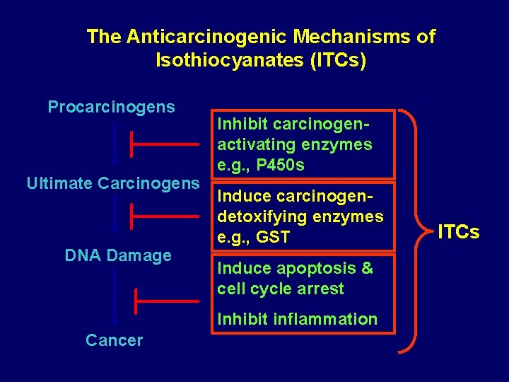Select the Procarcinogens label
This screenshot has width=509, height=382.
click(x=111, y=107)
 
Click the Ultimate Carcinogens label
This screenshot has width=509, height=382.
click(x=113, y=183)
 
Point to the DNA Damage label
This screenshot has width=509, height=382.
click(x=118, y=255)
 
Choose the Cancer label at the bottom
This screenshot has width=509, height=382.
click(x=114, y=340)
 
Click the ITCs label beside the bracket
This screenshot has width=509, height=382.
click(x=458, y=232)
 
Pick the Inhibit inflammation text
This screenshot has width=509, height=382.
click(x=298, y=319)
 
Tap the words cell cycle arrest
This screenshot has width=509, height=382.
click(x=281, y=289)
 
